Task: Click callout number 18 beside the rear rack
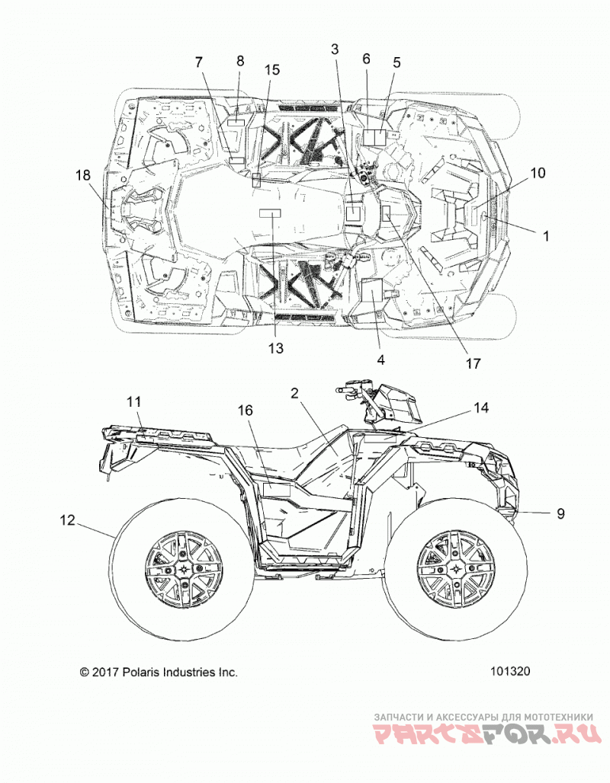[83, 175]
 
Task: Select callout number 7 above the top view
[199, 62]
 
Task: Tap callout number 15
[272, 69]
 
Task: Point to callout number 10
[538, 173]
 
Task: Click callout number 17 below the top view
[473, 363]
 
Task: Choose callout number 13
[275, 347]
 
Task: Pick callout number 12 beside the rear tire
[68, 519]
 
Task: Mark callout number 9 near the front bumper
[561, 513]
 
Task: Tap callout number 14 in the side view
[480, 408]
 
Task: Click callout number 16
[245, 411]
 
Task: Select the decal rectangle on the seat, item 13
[270, 214]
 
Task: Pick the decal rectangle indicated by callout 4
[372, 290]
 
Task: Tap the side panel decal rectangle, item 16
[277, 490]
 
